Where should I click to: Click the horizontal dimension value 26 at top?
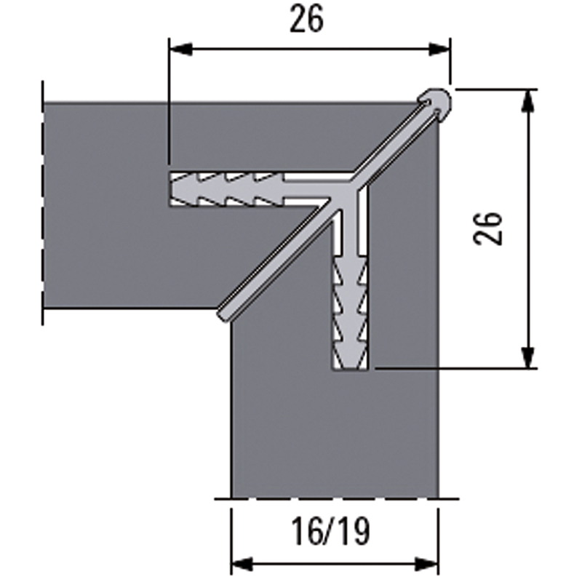[x=306, y=20]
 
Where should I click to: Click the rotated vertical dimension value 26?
[x=488, y=228]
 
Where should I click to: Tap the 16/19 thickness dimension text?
[x=331, y=532]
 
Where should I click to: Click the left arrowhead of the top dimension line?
[x=180, y=49]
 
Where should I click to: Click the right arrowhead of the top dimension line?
[x=439, y=49]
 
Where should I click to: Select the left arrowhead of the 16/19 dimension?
[x=243, y=565]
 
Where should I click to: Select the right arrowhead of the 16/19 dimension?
[x=427, y=565]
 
